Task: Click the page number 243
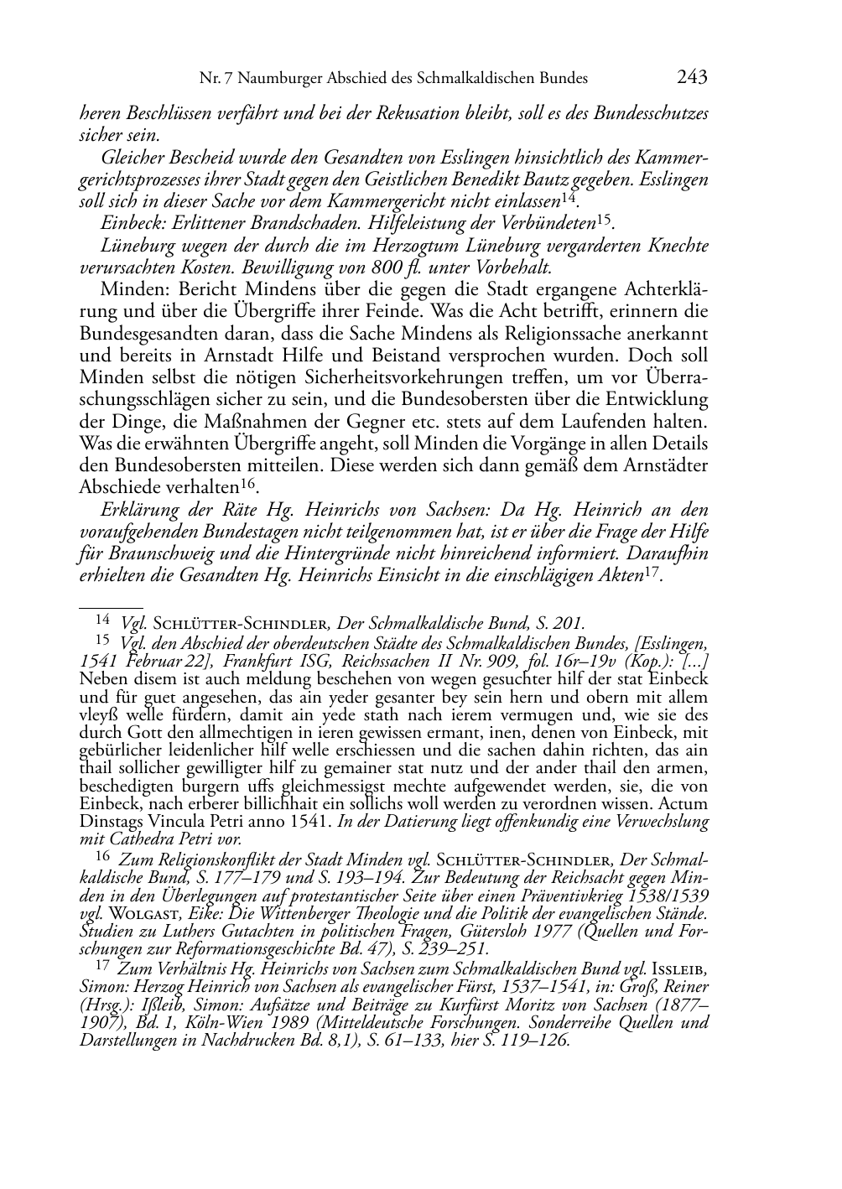point(692,78)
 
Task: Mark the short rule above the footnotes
point(110,603)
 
